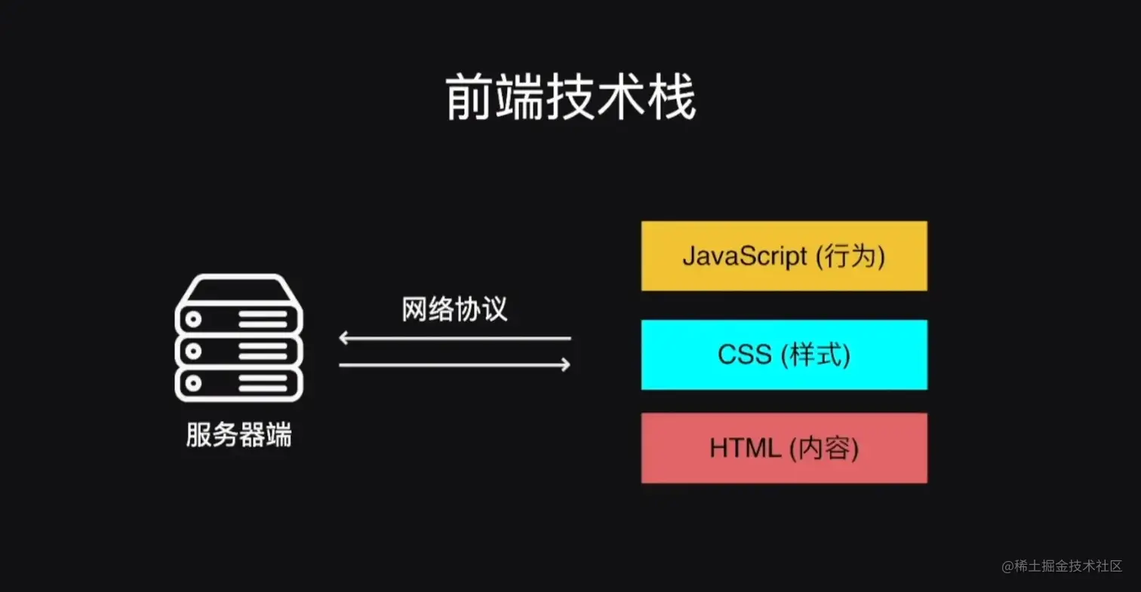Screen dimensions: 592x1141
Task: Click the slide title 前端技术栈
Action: point(570,99)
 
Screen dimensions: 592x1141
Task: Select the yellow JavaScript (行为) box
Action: point(784,256)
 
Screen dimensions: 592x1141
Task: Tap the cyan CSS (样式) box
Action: point(784,354)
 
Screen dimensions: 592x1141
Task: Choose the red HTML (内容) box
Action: point(784,448)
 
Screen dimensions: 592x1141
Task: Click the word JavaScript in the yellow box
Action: point(744,256)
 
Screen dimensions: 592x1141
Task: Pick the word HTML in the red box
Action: point(745,449)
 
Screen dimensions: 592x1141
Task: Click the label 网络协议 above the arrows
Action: point(455,309)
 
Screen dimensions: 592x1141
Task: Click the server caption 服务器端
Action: point(238,436)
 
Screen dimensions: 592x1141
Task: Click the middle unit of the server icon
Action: point(238,351)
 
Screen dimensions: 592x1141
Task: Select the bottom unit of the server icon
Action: point(238,382)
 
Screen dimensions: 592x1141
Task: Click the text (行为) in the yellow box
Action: point(849,256)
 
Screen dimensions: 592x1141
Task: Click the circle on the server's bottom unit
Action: point(194,383)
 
